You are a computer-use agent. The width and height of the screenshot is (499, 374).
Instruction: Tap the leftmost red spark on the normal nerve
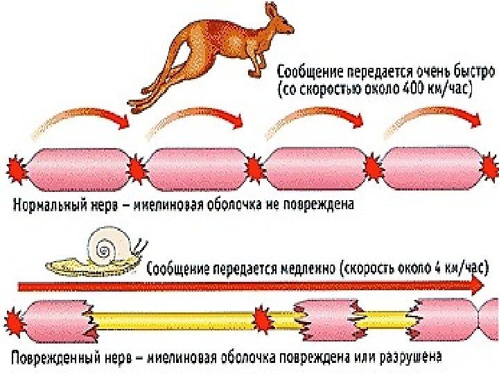(x=16, y=168)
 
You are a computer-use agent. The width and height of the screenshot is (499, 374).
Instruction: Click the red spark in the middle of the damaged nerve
(x=261, y=319)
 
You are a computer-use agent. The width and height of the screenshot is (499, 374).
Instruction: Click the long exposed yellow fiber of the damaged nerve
(x=173, y=321)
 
